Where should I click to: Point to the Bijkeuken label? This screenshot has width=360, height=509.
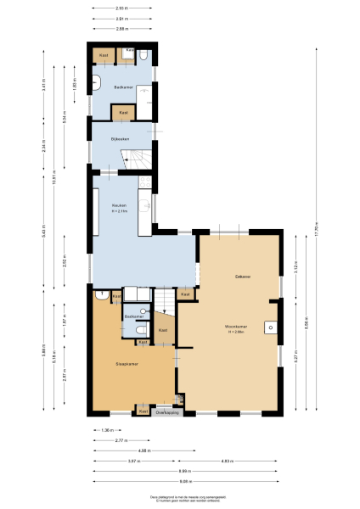pos(120,137)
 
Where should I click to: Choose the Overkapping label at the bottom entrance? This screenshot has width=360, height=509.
pos(167,412)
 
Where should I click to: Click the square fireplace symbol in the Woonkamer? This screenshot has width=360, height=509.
pos(270,326)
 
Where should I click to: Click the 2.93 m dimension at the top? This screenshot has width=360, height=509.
pos(122,9)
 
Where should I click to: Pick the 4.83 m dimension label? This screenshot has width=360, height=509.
pos(227,461)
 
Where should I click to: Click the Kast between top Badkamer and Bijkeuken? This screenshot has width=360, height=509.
pos(123,113)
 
